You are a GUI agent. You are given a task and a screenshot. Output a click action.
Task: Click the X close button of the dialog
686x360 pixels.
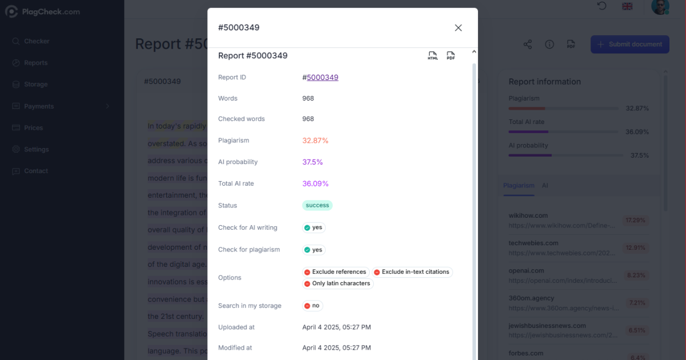point(458,27)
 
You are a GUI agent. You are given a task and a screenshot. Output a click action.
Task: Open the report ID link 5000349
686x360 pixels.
point(322,77)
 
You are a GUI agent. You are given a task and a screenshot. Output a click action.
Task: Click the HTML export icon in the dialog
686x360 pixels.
point(433,55)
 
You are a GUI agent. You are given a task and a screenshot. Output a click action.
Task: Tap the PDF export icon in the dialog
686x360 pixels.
point(450,55)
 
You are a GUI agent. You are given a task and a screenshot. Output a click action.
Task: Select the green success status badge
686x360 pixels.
point(317,205)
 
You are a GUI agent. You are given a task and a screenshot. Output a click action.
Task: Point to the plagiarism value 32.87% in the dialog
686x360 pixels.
point(315,141)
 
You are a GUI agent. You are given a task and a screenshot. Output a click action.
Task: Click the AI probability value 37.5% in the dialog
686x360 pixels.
point(312,162)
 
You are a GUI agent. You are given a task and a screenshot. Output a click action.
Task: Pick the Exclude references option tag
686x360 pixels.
point(335,272)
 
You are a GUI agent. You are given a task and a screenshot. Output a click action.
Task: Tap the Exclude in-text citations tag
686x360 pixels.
point(412,272)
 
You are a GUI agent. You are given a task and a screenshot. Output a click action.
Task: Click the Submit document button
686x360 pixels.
point(629,44)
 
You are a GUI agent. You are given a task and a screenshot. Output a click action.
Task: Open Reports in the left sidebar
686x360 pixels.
point(35,63)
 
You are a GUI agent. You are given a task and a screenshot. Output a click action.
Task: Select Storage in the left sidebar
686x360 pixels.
point(35,85)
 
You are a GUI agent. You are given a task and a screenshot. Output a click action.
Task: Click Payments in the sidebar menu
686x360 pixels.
point(39,106)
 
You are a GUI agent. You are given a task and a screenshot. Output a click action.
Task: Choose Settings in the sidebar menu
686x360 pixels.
point(36,150)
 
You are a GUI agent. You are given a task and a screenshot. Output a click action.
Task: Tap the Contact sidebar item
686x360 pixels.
point(35,171)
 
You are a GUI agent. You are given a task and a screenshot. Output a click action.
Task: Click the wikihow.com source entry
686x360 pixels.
point(528,215)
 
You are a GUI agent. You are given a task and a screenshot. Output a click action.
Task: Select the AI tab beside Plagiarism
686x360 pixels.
point(545,186)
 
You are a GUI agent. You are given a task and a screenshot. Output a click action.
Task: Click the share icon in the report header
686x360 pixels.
point(527,44)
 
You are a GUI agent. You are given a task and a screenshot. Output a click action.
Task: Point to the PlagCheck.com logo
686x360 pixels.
point(42,11)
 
